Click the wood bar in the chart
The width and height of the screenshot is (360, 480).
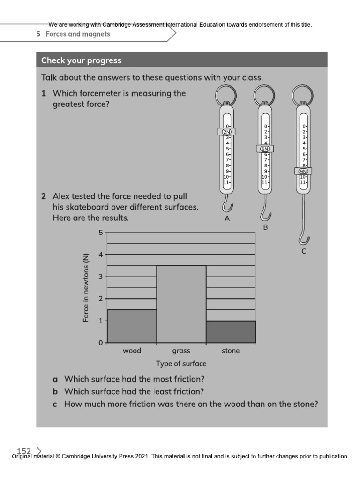pos(132,326)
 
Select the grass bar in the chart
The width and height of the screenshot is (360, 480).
pos(181,304)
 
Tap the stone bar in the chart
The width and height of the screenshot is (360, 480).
pos(231,332)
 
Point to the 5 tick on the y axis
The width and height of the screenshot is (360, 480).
pos(100,232)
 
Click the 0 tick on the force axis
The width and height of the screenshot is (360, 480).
pos(100,343)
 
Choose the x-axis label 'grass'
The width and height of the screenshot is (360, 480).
pos(181,351)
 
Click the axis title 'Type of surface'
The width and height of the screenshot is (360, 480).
pos(181,364)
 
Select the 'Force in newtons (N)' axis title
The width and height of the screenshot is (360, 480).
pos(86,287)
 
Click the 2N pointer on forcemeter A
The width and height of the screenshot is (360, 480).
pos(227,132)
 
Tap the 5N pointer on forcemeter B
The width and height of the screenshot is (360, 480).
pos(265,149)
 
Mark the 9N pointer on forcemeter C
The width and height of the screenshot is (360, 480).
pos(303,171)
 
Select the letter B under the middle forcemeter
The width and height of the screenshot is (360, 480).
pos(265,228)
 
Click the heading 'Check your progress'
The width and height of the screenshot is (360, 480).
pos(81,60)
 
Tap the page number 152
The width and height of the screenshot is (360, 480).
pos(23,451)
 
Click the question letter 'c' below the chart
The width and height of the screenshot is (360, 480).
pos(55,404)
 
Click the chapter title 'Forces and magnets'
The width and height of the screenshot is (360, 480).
pos(78,34)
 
